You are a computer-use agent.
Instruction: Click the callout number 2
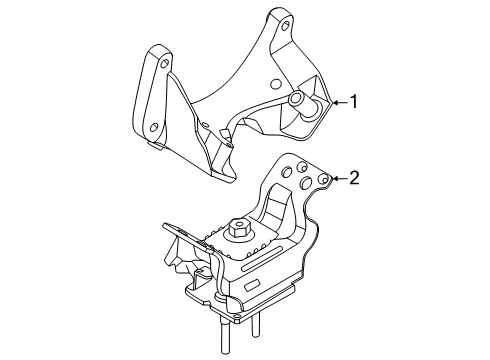352,178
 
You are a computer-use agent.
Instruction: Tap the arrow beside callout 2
338,178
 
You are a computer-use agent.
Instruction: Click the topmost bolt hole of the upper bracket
287,24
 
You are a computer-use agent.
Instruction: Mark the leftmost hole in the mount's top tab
288,173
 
